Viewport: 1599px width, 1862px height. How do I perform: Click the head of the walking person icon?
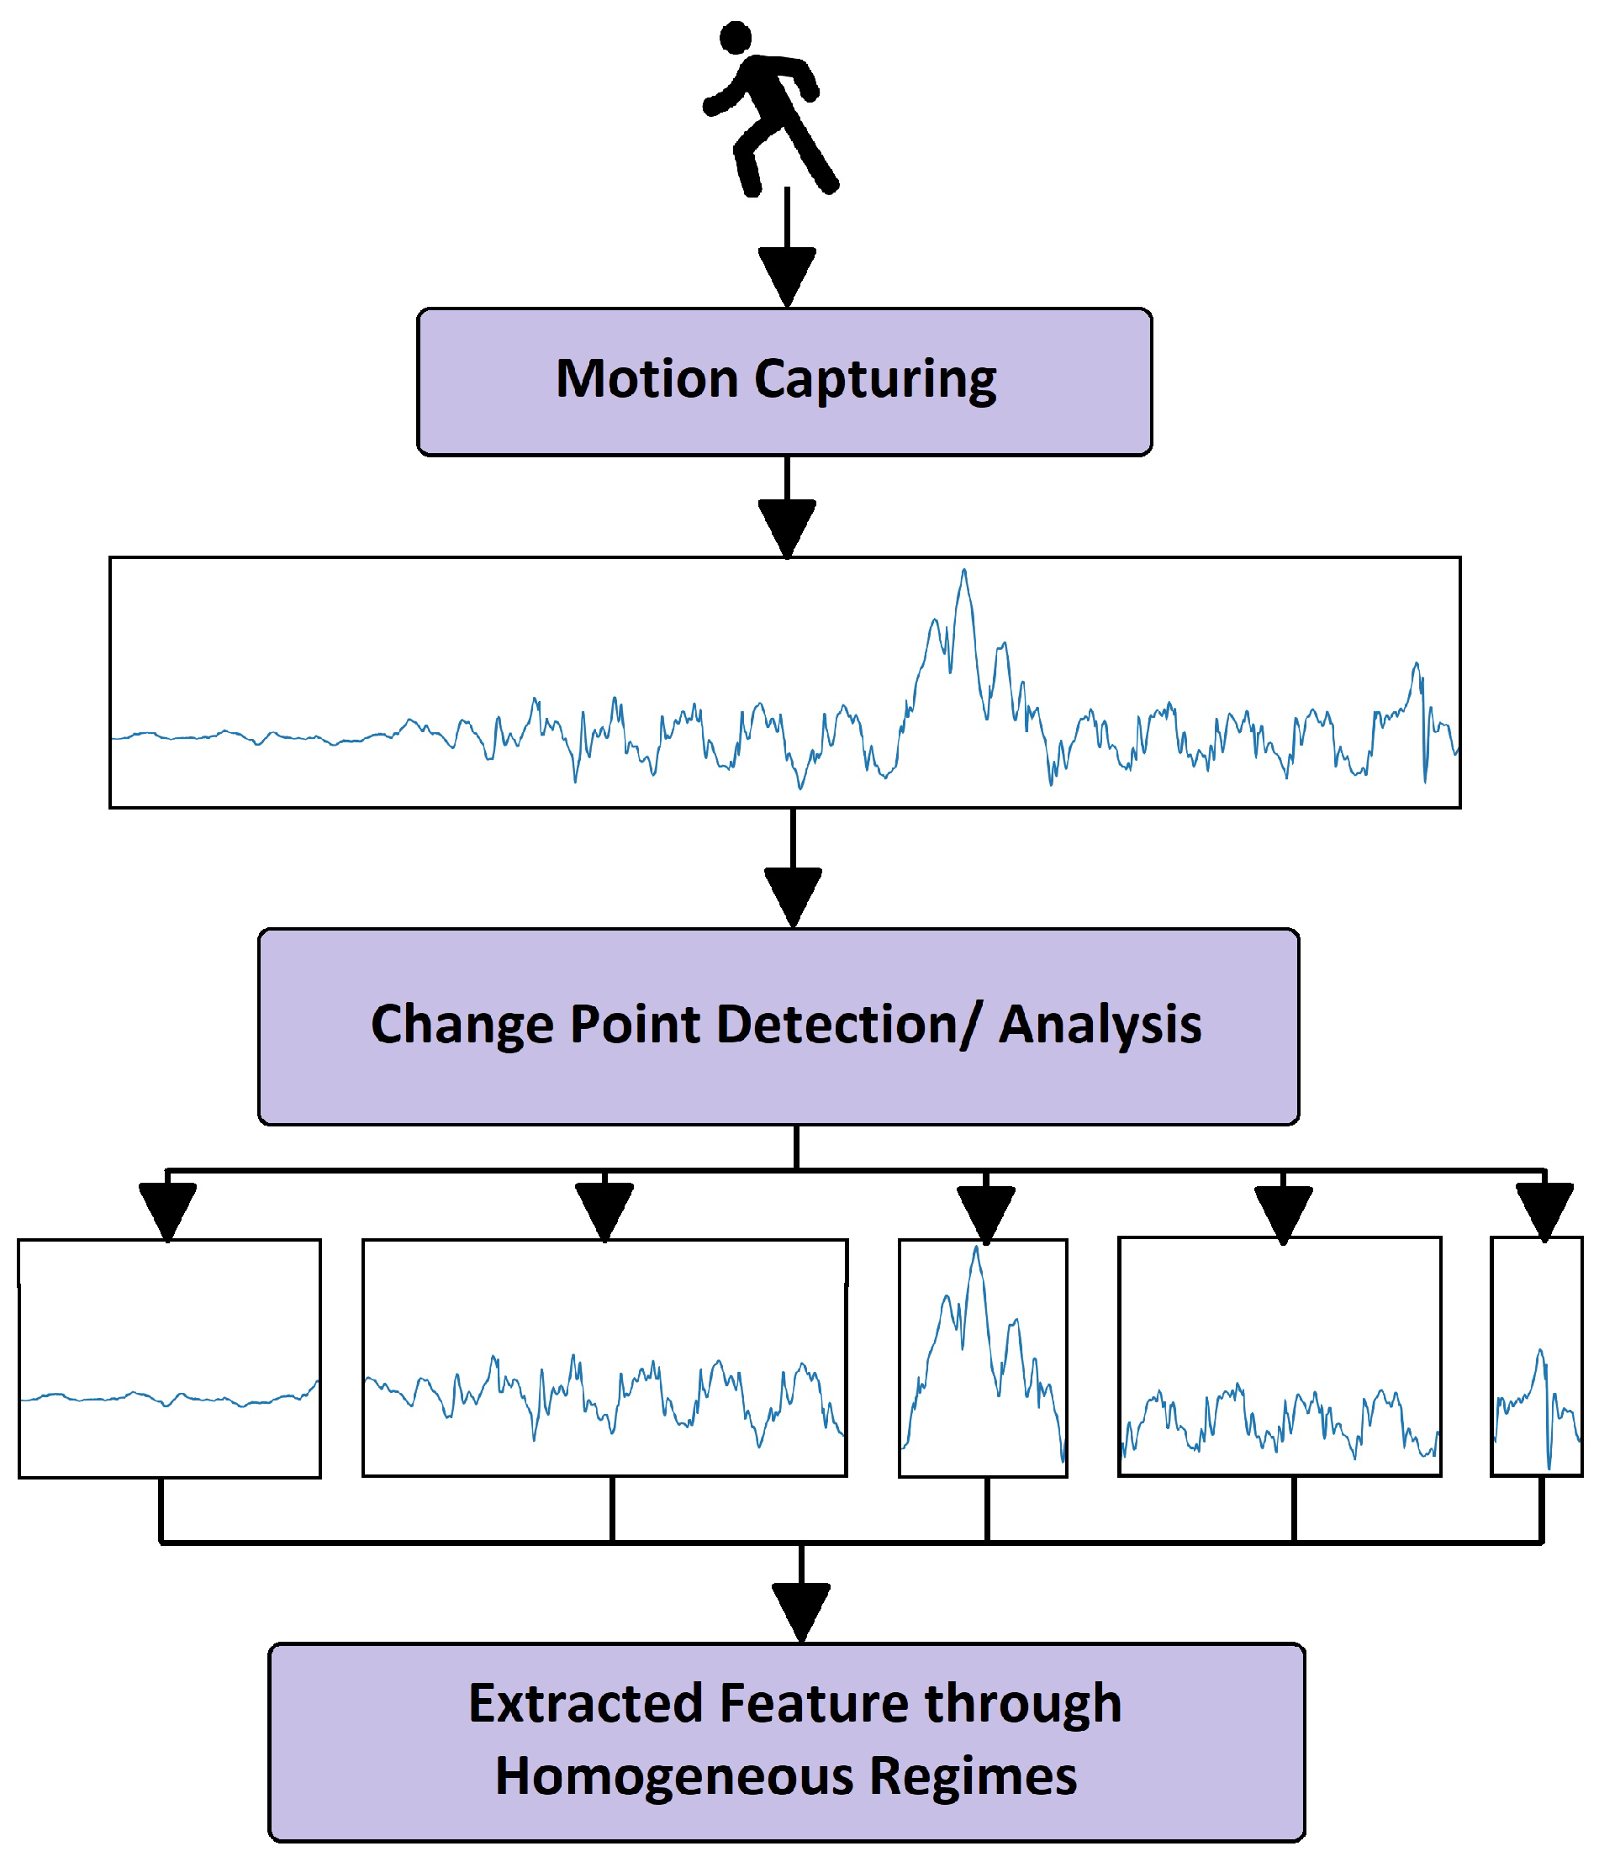(x=736, y=37)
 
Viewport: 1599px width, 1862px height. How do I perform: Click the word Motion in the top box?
(x=646, y=378)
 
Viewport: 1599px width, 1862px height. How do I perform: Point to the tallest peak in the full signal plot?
(x=963, y=572)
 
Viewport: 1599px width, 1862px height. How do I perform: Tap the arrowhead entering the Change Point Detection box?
(x=792, y=895)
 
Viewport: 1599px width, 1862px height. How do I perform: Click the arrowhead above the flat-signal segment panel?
(x=168, y=1210)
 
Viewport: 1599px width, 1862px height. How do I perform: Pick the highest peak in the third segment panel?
(x=976, y=1249)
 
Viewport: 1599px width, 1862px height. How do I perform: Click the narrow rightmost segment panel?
(x=1535, y=1355)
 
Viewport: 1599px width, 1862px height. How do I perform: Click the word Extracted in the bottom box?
(x=584, y=1704)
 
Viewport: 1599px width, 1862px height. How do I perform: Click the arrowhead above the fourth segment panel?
(x=1283, y=1213)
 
